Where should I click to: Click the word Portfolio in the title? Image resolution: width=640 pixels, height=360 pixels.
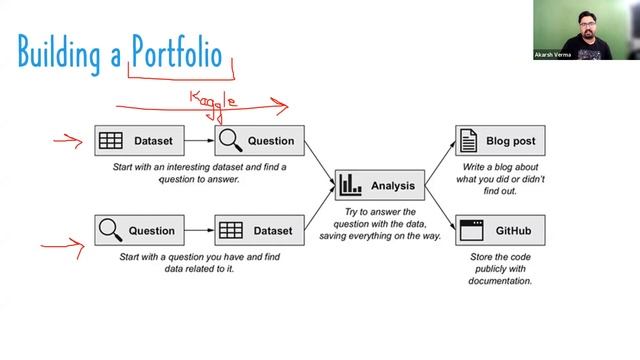(177, 52)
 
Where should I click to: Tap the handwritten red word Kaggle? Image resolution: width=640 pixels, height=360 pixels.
(214, 100)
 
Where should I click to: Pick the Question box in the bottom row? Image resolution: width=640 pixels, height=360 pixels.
(138, 230)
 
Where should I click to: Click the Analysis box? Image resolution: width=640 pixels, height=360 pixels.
(381, 185)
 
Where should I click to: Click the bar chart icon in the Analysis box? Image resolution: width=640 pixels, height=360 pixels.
(350, 185)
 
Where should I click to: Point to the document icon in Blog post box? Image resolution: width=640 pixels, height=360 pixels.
(468, 141)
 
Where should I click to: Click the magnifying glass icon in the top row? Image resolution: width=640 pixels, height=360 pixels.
(231, 141)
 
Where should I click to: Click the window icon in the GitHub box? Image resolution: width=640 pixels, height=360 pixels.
(468, 231)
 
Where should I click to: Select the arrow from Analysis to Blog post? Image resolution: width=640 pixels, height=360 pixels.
(440, 164)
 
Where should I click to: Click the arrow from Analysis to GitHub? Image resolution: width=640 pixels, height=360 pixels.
(440, 207)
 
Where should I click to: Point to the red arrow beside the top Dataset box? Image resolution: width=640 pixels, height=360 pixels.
(68, 140)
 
